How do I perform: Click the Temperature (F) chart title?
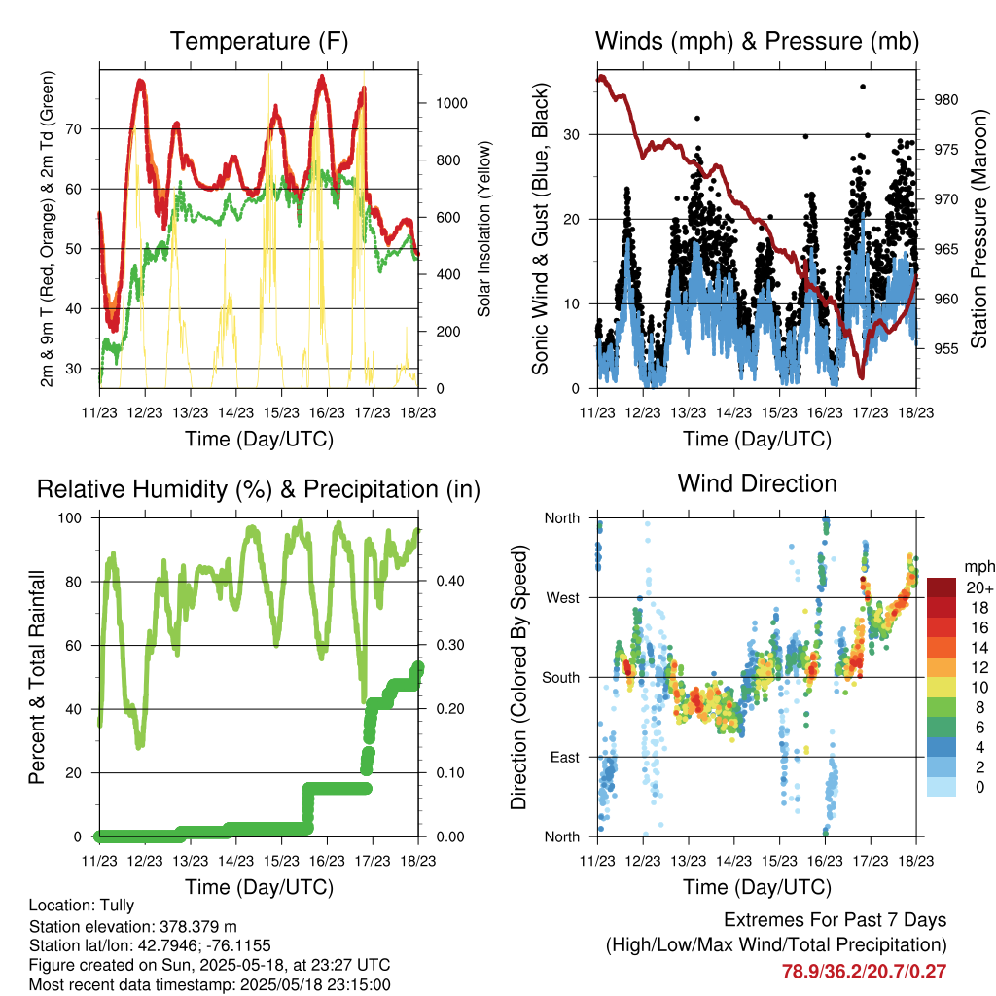tap(259, 41)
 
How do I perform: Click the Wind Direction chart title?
tap(757, 484)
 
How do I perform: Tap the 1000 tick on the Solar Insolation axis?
tap(451, 103)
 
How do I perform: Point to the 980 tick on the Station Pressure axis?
tap(945, 100)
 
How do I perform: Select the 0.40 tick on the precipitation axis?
tap(450, 582)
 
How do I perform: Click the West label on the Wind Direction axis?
tap(563, 598)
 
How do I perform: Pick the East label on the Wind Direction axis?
tap(565, 757)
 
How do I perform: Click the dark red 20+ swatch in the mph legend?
tap(942, 587)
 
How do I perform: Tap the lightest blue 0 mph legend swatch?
tap(942, 787)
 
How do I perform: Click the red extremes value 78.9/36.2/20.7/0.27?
tap(864, 972)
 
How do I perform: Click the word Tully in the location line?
tap(118, 906)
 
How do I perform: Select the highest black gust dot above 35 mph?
tap(863, 87)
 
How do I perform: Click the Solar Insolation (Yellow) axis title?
tap(484, 229)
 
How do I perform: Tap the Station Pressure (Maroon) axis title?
tap(978, 229)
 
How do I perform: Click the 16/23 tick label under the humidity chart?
tap(327, 861)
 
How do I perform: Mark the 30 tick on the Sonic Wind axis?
tap(571, 134)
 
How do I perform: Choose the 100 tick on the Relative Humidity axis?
tap(70, 518)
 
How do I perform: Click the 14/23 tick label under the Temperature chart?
tap(235, 412)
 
